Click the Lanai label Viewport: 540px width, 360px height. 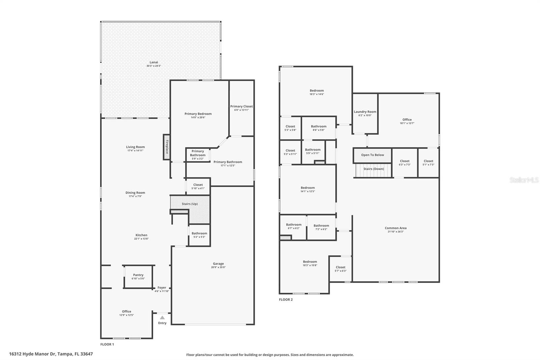(x=154, y=62)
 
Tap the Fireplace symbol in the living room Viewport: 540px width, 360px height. (x=166, y=147)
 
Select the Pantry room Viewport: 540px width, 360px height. (x=138, y=277)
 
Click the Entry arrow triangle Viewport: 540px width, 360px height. (x=162, y=317)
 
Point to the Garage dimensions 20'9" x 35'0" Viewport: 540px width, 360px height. (x=218, y=267)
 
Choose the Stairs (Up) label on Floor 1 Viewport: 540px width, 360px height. (x=190, y=204)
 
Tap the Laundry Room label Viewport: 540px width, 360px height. (x=365, y=112)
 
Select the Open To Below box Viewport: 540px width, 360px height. (x=372, y=155)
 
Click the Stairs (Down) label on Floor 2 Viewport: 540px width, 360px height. (x=374, y=169)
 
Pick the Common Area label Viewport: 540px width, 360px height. (x=396, y=228)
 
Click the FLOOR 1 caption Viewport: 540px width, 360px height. (x=107, y=344)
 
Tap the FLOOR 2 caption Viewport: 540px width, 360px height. (x=286, y=300)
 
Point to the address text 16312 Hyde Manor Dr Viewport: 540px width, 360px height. (x=51, y=354)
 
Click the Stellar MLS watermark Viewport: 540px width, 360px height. (x=524, y=180)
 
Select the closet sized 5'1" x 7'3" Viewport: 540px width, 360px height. (x=428, y=163)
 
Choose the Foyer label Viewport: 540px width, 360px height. (x=162, y=288)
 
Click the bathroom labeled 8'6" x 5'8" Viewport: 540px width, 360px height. (x=319, y=128)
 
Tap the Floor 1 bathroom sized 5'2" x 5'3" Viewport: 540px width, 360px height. (x=199, y=235)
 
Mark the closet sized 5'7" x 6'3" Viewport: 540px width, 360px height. (x=340, y=269)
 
